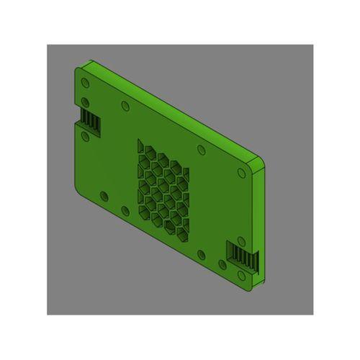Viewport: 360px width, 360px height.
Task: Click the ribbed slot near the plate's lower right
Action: click(240, 253)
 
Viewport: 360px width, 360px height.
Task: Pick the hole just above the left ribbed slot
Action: click(86, 102)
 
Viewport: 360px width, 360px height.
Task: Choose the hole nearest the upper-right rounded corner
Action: click(241, 172)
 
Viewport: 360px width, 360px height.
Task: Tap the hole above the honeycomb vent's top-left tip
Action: click(126, 106)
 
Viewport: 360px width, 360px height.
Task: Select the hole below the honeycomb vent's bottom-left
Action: click(125, 210)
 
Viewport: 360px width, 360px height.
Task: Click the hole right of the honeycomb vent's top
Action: click(201, 150)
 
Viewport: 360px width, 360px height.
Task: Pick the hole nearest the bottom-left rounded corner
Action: click(104, 195)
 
